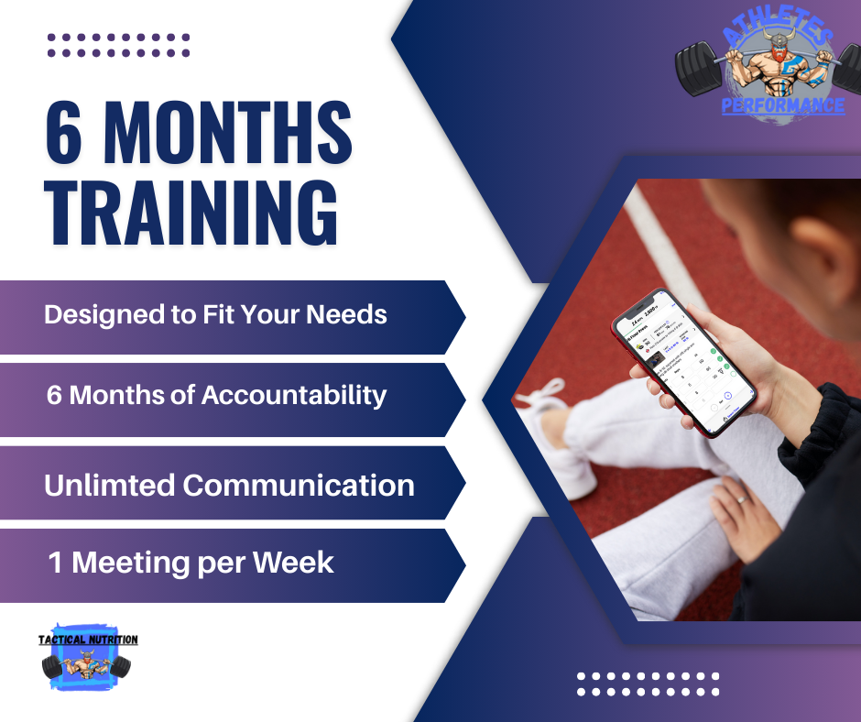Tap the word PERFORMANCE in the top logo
783,106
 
